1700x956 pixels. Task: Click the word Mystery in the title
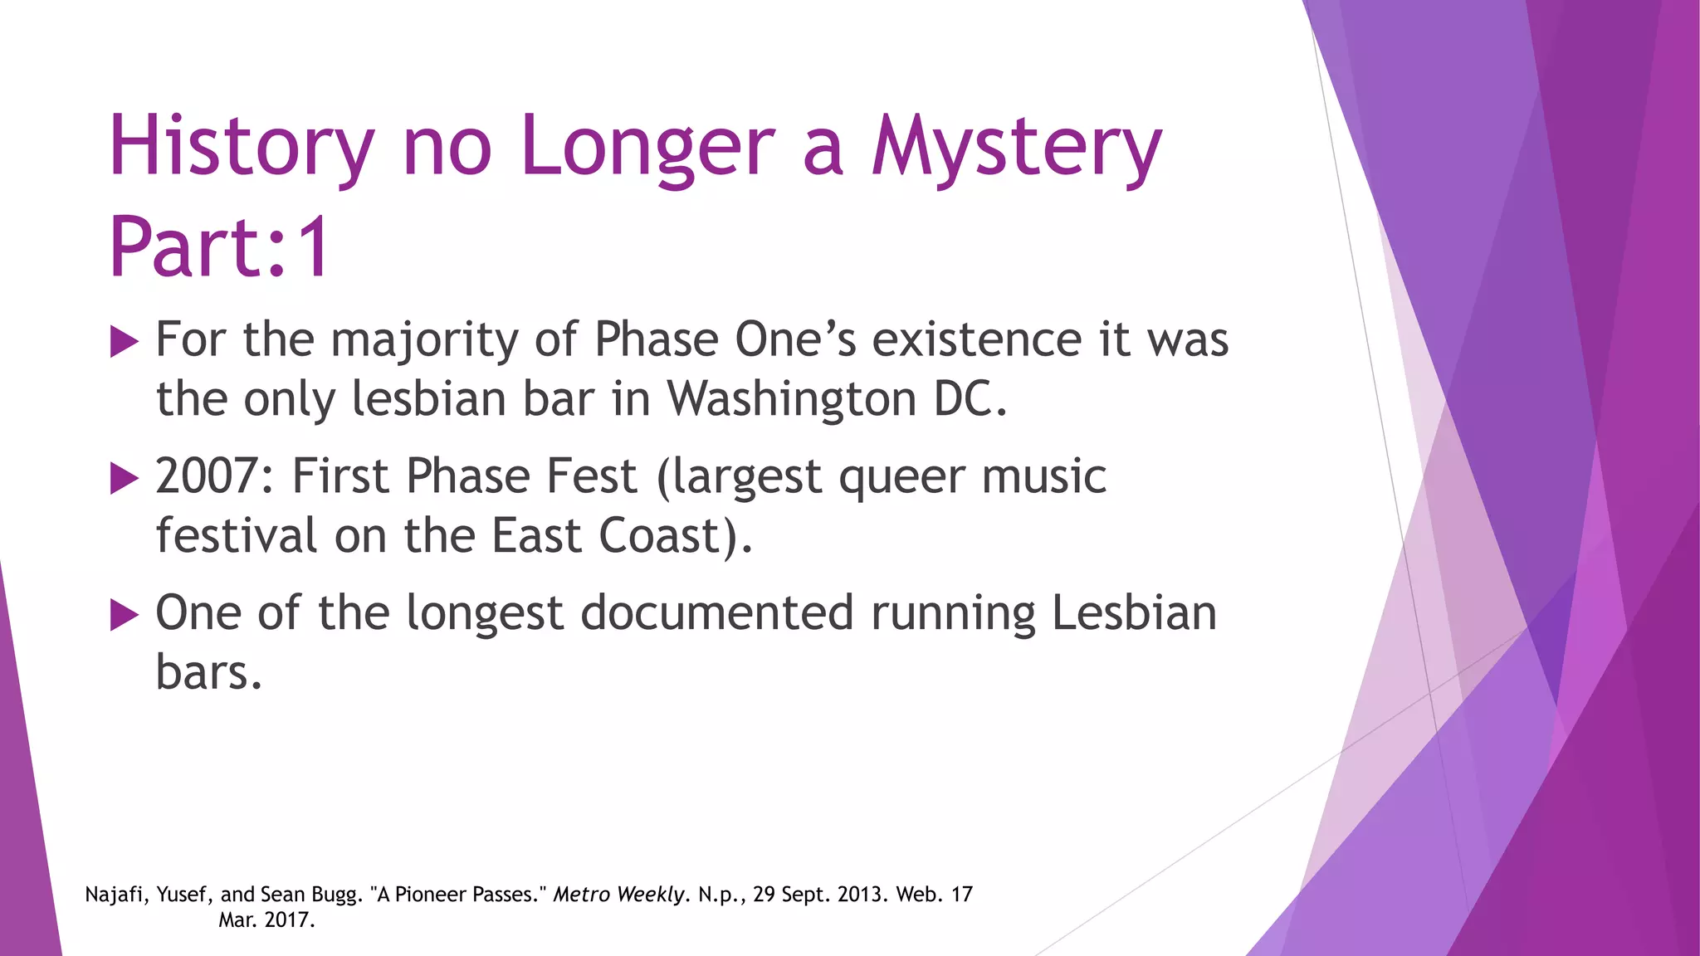[1016, 148]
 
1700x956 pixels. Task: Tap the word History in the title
[241, 148]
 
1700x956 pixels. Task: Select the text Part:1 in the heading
[220, 247]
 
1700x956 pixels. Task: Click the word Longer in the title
[647, 148]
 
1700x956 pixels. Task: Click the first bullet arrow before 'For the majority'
[124, 342]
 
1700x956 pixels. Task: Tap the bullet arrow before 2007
[124, 479]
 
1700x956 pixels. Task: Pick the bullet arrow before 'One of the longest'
[124, 615]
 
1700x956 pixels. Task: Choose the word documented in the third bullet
[717, 613]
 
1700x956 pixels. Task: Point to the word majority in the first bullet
[424, 341]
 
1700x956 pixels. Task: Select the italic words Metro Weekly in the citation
[619, 895]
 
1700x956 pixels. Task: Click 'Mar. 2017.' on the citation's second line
[266, 920]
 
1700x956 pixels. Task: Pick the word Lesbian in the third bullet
[1134, 613]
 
